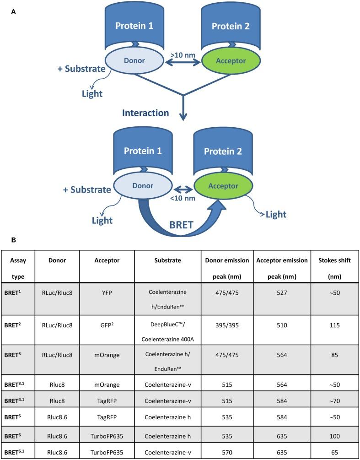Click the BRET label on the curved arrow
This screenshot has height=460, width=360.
[x=179, y=226]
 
